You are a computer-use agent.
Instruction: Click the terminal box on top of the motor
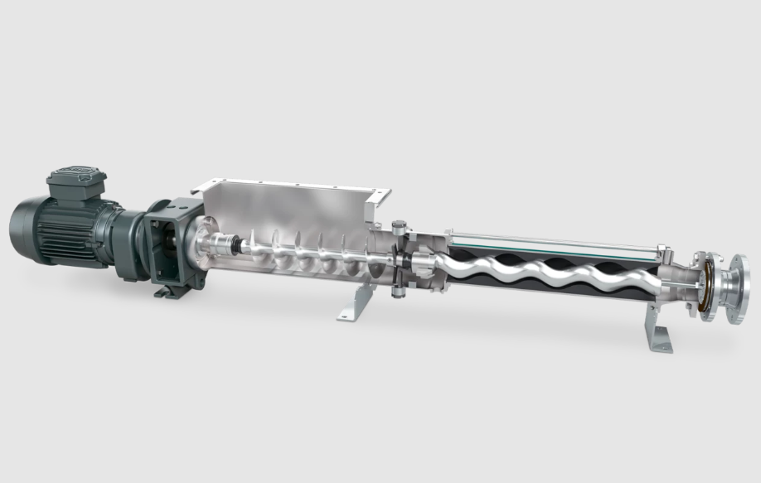pos(75,183)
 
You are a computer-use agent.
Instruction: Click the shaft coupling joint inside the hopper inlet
pos(225,246)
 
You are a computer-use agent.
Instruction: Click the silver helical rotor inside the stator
pos(531,268)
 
